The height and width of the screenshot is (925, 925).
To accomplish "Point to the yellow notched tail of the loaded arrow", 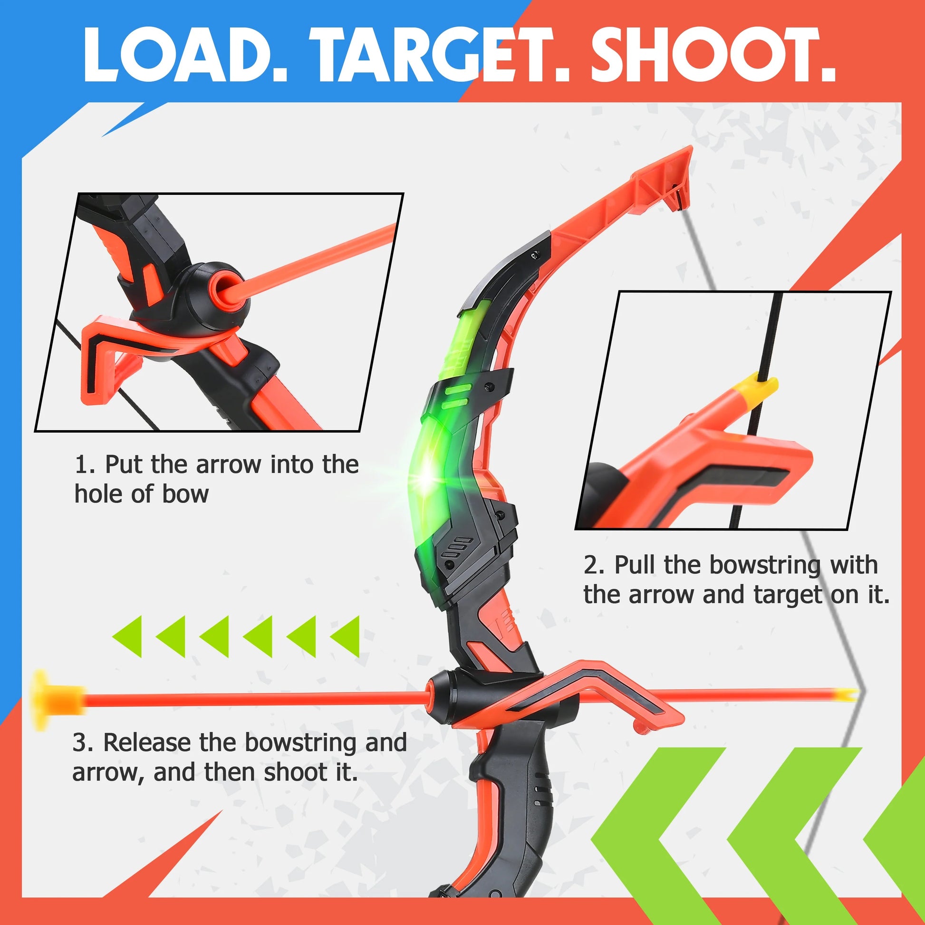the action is coord(845,694).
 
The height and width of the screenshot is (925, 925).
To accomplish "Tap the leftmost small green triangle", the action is coord(127,636).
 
